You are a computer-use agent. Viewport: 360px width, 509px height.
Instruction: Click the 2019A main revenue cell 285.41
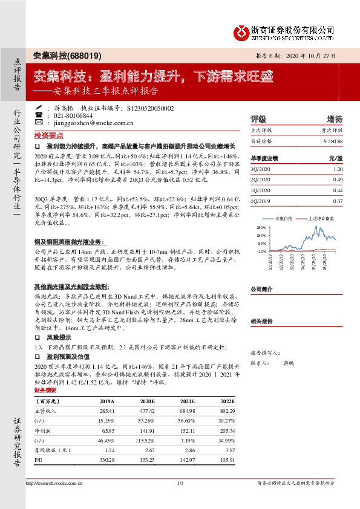106,411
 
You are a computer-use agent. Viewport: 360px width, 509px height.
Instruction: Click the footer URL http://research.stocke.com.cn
54,482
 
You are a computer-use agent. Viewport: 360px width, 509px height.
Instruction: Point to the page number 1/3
180,482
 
